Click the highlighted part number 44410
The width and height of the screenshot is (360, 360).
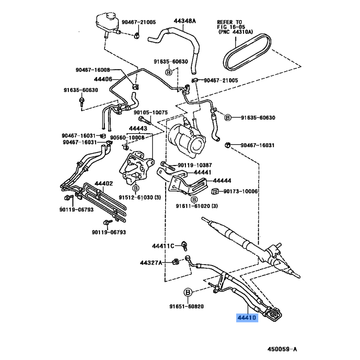pos(247,318)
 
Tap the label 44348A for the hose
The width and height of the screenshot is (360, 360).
pos(185,21)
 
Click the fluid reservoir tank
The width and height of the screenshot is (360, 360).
pos(105,20)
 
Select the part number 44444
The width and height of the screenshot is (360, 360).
pos(222,180)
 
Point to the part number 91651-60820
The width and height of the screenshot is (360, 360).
pos(186,307)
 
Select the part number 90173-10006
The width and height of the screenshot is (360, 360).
pos(241,191)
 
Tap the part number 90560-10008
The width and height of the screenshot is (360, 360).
pos(128,138)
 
